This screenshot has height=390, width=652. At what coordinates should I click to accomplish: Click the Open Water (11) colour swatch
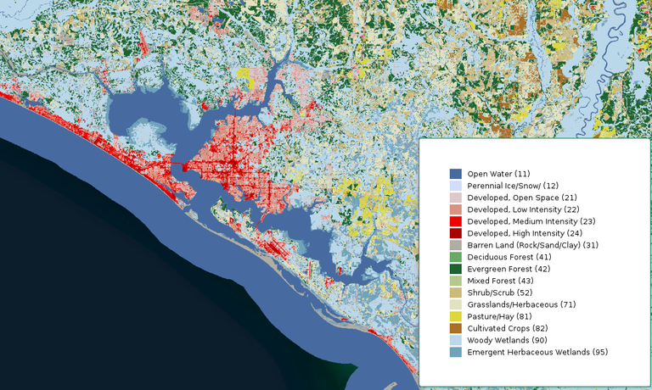[456, 174]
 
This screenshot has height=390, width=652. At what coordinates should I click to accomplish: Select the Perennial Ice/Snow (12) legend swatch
[456, 186]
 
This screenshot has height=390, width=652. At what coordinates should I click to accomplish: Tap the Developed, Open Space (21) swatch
[456, 198]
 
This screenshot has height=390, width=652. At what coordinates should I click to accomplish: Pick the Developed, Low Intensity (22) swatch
[456, 209]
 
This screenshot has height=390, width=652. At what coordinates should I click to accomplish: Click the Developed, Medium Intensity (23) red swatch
[456, 221]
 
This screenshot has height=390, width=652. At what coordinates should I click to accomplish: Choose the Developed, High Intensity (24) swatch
[456, 233]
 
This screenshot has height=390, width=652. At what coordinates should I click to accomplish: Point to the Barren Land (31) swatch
[456, 245]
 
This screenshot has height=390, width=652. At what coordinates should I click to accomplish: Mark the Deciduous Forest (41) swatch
[456, 257]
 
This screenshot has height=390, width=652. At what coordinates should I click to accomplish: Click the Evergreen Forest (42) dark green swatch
[456, 269]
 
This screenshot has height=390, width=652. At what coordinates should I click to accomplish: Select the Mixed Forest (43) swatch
[456, 281]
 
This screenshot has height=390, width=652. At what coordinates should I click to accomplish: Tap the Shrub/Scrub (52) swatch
[456, 292]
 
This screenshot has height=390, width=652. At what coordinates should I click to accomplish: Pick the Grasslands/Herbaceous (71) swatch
[456, 304]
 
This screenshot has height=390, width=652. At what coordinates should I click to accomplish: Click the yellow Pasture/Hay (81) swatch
[456, 316]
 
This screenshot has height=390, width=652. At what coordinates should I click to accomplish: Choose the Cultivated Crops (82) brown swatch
[456, 328]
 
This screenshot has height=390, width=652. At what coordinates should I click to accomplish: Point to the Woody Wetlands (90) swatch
[456, 340]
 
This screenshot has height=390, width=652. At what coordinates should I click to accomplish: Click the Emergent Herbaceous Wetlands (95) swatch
[456, 352]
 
